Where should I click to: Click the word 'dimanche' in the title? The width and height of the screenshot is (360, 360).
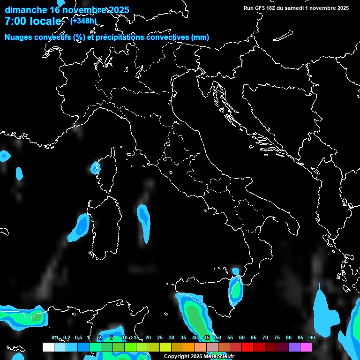pyautogui.click(x=25, y=10)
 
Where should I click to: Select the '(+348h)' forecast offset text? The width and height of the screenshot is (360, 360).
pyautogui.click(x=83, y=21)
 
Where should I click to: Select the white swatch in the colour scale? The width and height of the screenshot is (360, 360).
pyautogui.click(x=48, y=347)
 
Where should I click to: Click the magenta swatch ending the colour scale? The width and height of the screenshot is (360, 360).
pyautogui.click(x=306, y=347)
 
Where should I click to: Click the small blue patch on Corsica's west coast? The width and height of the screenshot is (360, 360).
pyautogui.click(x=95, y=167)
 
